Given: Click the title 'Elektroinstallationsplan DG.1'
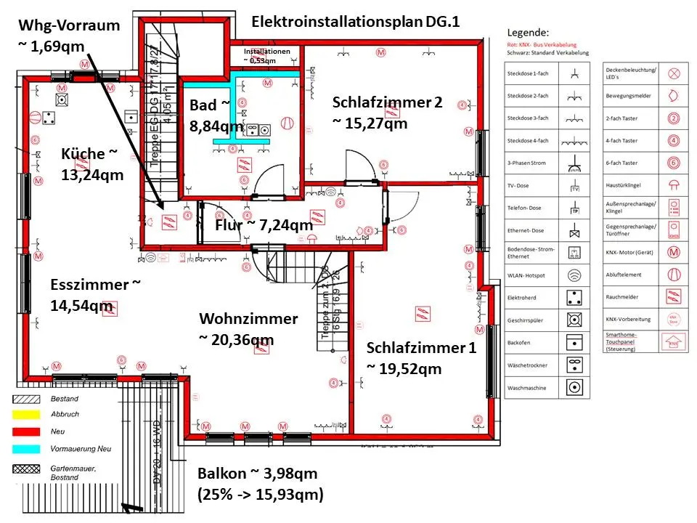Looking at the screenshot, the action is pyautogui.click(x=356, y=22).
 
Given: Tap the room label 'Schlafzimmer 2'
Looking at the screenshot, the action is pyautogui.click(x=387, y=102).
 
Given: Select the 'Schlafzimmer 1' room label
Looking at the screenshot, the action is pyautogui.click(x=421, y=347).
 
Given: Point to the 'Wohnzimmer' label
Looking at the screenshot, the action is pyautogui.click(x=248, y=319).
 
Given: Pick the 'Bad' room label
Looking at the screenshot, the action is pyautogui.click(x=203, y=105).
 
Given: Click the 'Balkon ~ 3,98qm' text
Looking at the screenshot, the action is pyautogui.click(x=257, y=474).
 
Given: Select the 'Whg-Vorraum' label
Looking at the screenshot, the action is pyautogui.click(x=68, y=25).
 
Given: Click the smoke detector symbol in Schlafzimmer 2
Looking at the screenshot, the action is pyautogui.click(x=393, y=113).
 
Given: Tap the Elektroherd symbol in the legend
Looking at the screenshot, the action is pyautogui.click(x=575, y=297).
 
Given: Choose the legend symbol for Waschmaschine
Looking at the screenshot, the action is pyautogui.click(x=575, y=387).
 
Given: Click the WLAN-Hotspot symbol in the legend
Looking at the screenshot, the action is pyautogui.click(x=575, y=275).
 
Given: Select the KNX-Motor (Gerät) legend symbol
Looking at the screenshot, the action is pyautogui.click(x=673, y=253).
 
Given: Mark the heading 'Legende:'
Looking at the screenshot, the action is pyautogui.click(x=528, y=33).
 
